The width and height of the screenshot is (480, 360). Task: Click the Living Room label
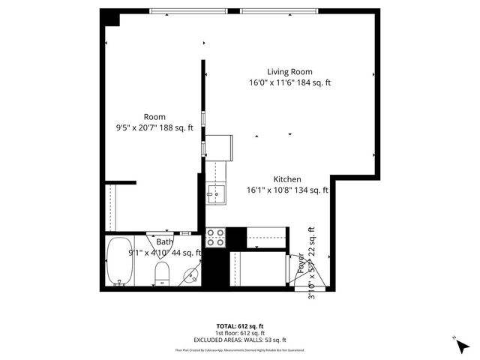289,72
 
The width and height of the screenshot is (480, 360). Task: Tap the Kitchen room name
287,179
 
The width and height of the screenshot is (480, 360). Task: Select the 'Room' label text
154,117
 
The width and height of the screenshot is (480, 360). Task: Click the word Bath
164,242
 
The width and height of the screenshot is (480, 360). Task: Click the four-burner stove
216,238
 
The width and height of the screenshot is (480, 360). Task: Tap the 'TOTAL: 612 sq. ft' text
239,326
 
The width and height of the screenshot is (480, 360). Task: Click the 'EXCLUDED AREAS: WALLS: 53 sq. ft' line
239,340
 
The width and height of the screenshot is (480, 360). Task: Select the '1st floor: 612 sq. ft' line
239,333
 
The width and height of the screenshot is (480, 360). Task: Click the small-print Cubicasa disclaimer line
239,349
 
